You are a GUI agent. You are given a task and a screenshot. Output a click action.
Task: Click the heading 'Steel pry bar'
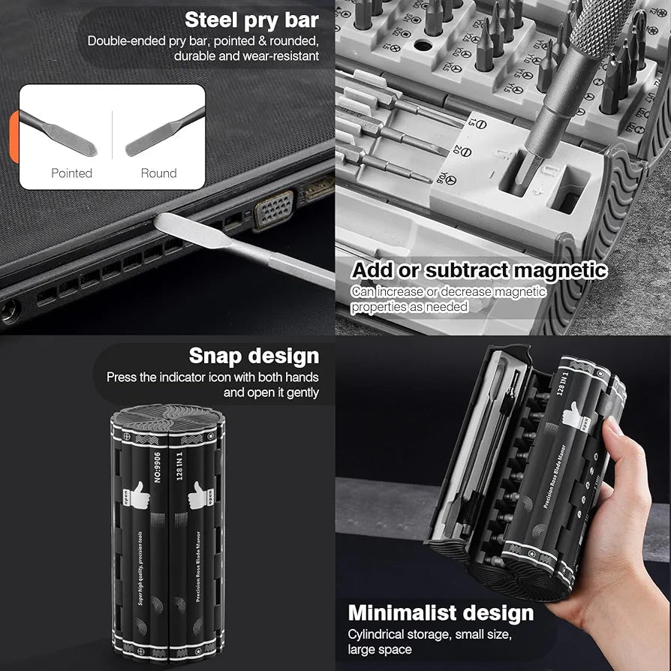pos(251,20)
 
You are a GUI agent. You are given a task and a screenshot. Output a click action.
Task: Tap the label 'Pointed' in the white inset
pos(71,173)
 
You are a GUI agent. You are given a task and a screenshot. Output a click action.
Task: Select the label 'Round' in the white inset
pos(158,173)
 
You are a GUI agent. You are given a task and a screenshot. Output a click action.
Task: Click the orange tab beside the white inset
pos(14,135)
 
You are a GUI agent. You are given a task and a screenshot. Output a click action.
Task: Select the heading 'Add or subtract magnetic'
pos(479,270)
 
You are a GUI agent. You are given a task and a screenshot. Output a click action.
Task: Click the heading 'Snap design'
pos(254,356)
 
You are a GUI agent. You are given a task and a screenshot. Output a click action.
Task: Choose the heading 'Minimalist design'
pos(441,612)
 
